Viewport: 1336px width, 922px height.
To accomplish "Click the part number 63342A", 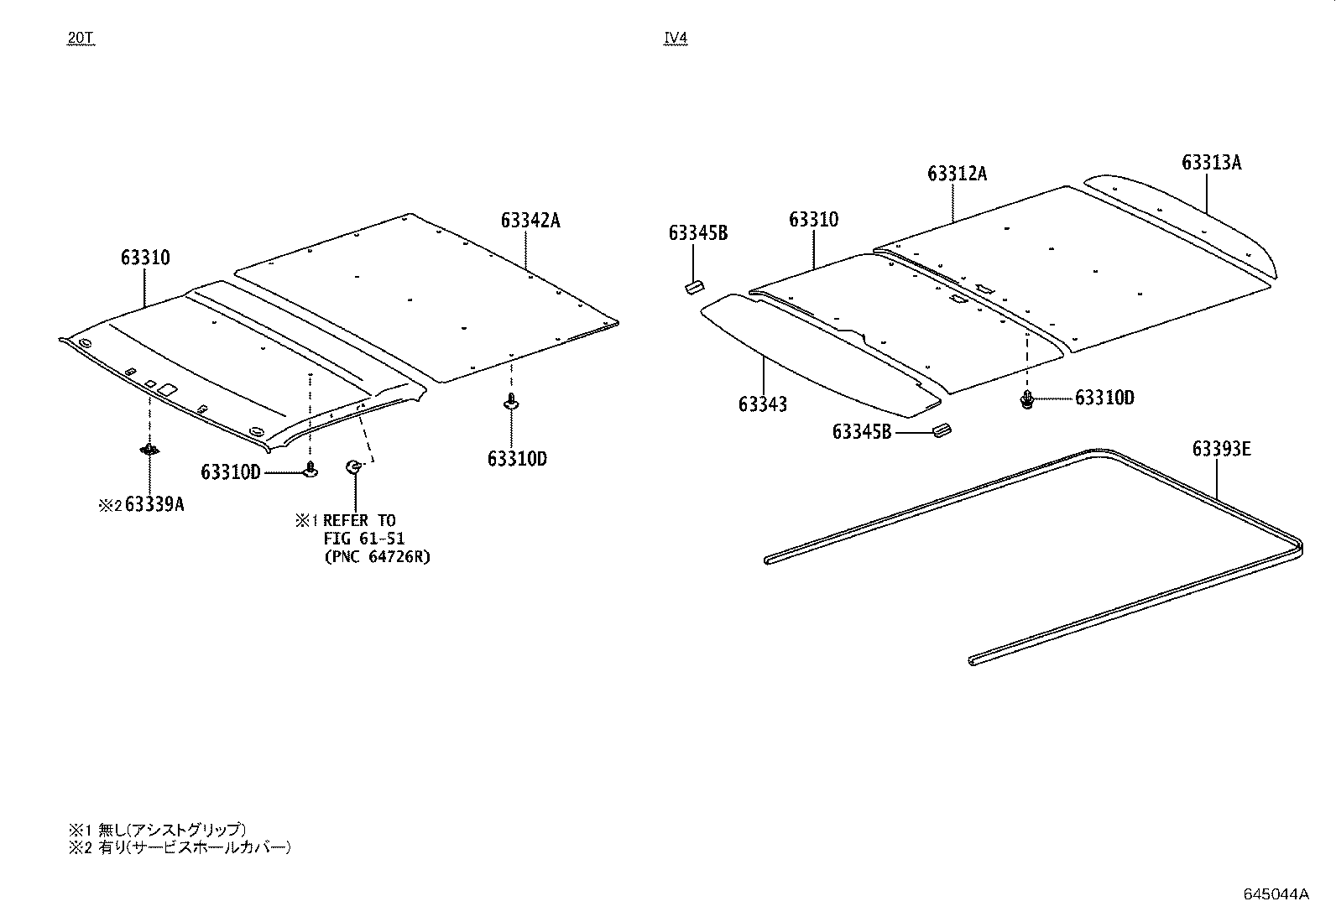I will [530, 221].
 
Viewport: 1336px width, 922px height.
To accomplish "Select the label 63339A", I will [154, 505].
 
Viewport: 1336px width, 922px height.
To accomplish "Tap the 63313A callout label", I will [1211, 163].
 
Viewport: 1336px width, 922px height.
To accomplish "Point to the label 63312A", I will [957, 174].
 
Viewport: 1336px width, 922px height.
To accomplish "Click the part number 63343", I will [763, 404].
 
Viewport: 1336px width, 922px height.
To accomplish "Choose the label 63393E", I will [1221, 450].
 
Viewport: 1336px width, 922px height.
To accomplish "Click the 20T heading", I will [81, 39].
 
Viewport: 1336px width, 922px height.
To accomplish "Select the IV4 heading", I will [676, 39].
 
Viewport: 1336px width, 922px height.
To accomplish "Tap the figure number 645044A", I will [1276, 893].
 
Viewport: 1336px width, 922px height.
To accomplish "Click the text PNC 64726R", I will [377, 557].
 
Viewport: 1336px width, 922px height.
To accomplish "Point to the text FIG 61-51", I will [364, 539].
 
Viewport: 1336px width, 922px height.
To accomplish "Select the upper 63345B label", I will [697, 233].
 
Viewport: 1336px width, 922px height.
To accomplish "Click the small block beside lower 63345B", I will [942, 431].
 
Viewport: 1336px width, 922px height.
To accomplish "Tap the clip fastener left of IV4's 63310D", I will [1026, 399].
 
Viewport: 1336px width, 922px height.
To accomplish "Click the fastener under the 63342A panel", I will [511, 404].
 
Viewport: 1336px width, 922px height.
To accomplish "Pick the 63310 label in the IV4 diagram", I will [813, 220].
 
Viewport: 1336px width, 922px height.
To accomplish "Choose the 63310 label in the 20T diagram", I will [144, 258].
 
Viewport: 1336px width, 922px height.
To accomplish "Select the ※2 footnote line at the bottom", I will [180, 847].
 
